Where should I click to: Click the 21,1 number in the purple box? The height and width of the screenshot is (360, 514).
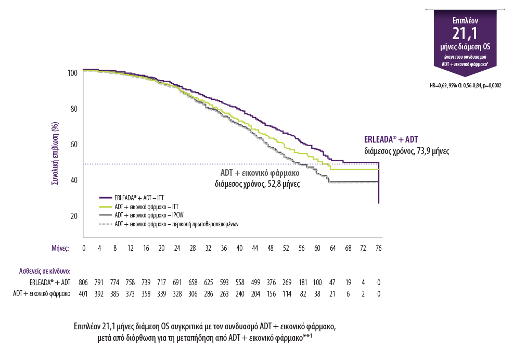pyautogui.click(x=465, y=34)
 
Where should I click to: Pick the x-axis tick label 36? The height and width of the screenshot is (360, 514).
pyautogui.click(x=224, y=248)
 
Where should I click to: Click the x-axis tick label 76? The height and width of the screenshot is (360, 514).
pyautogui.click(x=378, y=248)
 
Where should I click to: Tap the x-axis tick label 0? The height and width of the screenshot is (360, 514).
pyautogui.click(x=84, y=248)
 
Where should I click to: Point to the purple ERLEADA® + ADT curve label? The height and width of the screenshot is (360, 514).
pyautogui.click(x=391, y=140)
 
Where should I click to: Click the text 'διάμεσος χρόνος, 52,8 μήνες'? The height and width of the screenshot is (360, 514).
pyautogui.click(x=258, y=184)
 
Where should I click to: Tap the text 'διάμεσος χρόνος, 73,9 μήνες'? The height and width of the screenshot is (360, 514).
pyautogui.click(x=406, y=151)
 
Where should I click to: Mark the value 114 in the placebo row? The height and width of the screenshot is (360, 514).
pyautogui.click(x=286, y=294)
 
